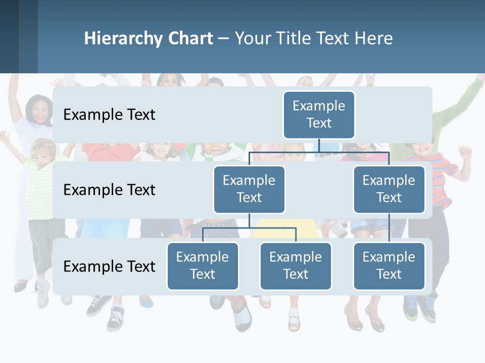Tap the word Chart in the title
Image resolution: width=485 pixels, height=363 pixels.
[x=189, y=39]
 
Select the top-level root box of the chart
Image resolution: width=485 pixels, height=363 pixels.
[x=319, y=114]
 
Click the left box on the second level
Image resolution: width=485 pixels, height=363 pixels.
[x=249, y=189]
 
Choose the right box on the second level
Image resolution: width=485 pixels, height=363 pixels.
[x=389, y=189]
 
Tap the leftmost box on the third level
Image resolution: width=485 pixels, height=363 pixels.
[x=203, y=266]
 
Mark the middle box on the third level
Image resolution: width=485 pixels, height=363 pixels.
[x=296, y=266]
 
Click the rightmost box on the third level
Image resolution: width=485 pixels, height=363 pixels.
[x=389, y=266]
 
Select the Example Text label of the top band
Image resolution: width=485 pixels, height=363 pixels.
[x=109, y=115]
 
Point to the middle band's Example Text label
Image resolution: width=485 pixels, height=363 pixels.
[x=109, y=190]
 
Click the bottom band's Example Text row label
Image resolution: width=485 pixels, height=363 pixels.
[x=109, y=266]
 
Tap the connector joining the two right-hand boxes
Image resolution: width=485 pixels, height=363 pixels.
[x=389, y=228]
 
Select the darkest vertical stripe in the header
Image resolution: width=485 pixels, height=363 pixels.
[x=9, y=36]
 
